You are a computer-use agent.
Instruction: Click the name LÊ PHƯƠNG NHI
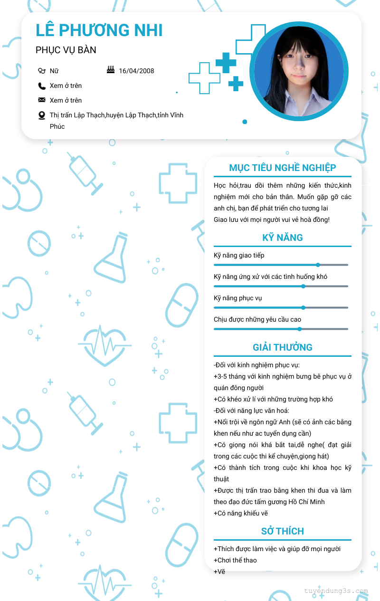(99, 30)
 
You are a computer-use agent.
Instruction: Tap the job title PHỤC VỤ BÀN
(66, 50)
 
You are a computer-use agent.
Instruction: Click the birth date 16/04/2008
(136, 71)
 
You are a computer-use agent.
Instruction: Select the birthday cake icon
(111, 70)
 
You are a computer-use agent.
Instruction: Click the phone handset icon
(42, 86)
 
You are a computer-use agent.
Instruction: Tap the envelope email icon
(42, 100)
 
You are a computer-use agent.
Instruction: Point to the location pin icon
(42, 115)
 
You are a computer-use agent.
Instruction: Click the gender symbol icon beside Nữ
(42, 71)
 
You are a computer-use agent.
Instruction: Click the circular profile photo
(299, 71)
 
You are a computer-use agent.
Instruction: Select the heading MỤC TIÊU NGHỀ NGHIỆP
(283, 168)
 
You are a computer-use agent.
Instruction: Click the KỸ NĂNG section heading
(283, 238)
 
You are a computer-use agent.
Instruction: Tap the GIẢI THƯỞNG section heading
(283, 347)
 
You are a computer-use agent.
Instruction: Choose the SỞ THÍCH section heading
(283, 531)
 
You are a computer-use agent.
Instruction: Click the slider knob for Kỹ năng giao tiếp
(318, 265)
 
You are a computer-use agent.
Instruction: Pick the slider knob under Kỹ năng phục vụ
(304, 307)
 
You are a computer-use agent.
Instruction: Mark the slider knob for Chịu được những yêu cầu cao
(300, 329)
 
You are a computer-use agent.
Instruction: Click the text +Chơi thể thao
(235, 560)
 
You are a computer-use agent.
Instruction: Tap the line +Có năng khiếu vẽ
(241, 513)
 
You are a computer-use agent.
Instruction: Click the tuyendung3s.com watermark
(336, 591)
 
